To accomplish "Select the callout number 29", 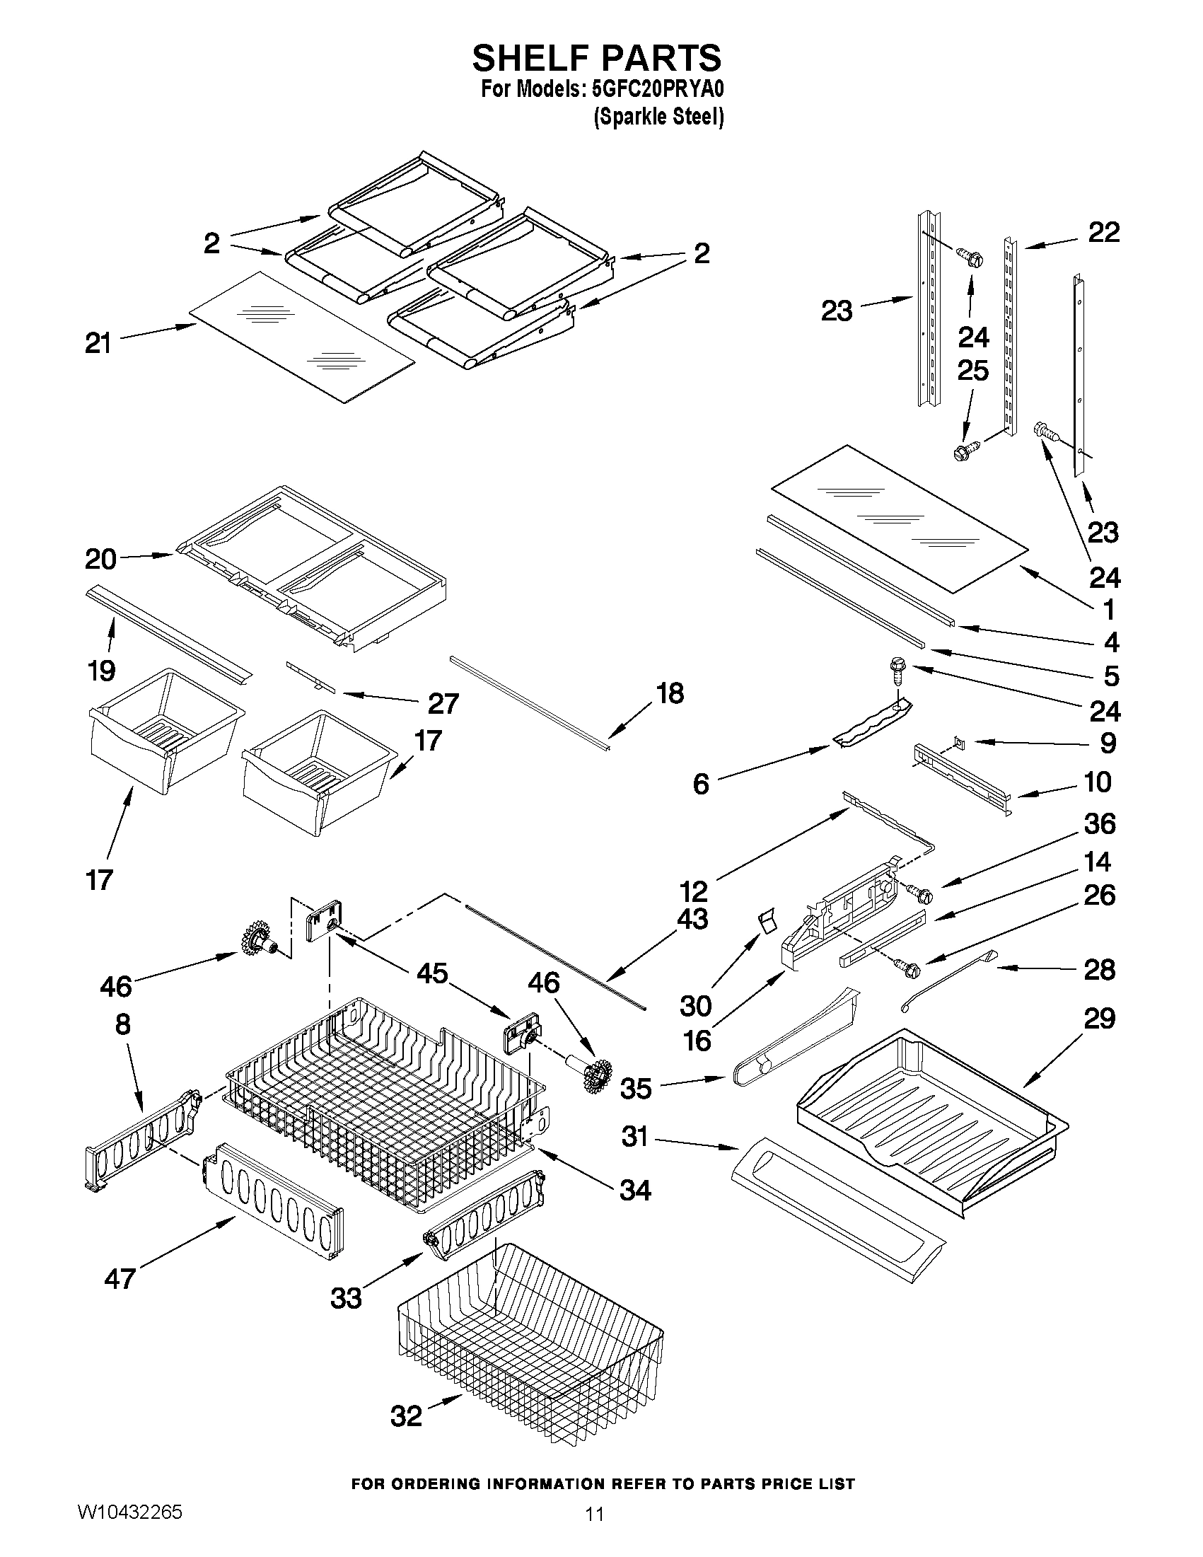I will tap(1099, 1019).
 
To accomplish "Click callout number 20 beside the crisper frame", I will tap(100, 560).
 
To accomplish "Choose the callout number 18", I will tap(670, 693).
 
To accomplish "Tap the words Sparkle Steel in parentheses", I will tap(658, 117).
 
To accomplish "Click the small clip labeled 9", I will tap(960, 743).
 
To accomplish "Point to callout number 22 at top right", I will tap(1104, 233).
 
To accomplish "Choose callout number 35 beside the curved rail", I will tap(636, 1089).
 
